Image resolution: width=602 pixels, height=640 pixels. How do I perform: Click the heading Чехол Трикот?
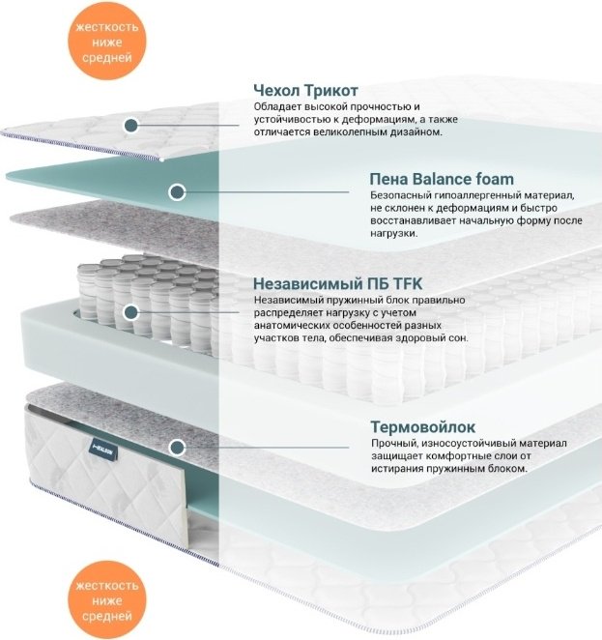coord(305,90)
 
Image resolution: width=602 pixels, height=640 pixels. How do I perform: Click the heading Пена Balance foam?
coord(442,179)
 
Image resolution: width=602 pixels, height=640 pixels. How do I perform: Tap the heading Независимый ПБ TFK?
coord(337,283)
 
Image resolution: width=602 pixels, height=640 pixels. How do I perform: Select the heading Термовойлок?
coord(423,427)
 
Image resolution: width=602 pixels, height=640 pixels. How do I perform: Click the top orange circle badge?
coord(107,42)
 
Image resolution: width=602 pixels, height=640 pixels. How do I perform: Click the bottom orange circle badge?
coord(107,600)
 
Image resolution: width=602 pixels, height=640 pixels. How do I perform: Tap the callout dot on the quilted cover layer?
coord(131,125)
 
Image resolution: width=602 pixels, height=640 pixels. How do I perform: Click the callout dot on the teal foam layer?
coord(177,191)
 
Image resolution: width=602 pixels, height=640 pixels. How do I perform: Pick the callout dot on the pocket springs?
coord(131,312)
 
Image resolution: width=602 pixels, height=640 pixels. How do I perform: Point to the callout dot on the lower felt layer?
coord(177,448)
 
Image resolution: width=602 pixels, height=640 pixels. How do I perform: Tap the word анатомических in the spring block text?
coord(292,326)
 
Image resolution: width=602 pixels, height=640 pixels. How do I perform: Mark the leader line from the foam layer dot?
coord(267,191)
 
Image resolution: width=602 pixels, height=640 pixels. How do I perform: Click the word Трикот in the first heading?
coord(331,90)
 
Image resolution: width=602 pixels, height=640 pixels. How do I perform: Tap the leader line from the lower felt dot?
coord(267,448)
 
